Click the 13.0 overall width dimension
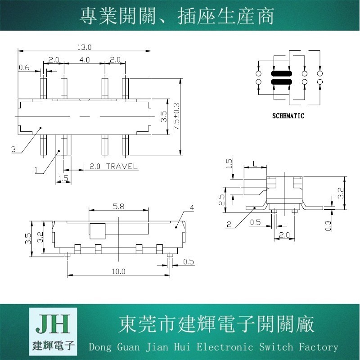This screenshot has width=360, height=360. point(84,47)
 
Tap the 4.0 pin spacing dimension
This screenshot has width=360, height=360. point(84,60)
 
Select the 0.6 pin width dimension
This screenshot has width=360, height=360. point(24,67)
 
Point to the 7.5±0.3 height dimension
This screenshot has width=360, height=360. point(177,117)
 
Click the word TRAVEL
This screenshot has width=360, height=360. point(121,166)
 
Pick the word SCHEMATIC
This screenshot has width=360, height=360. point(288,116)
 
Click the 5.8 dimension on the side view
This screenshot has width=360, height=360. point(118,207)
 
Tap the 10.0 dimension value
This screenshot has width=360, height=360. point(118,272)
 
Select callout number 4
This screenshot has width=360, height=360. point(192,208)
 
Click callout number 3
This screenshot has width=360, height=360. point(13,149)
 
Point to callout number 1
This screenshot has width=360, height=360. point(36,170)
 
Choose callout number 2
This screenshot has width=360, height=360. point(229,224)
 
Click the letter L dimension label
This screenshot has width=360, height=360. point(255,164)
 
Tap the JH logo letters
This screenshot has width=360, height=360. point(53,324)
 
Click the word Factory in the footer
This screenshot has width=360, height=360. point(319,346)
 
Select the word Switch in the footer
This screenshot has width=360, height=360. point(276,346)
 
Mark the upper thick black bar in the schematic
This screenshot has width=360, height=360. point(281,74)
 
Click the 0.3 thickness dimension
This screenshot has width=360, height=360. point(328,226)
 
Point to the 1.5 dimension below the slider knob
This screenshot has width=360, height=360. point(63,178)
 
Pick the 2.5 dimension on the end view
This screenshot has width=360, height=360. point(221,200)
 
